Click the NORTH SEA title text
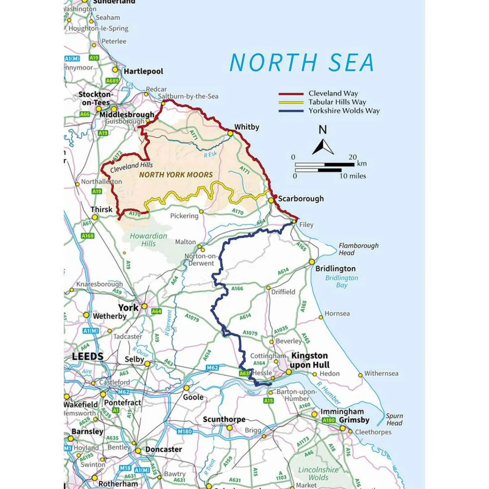(301, 62)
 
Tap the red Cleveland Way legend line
(291, 94)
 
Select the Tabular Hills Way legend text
(337, 102)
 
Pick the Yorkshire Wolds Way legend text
(344, 111)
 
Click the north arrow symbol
(323, 147)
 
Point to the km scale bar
(324, 165)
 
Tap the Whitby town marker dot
(230, 133)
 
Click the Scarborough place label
(301, 199)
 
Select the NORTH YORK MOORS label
(176, 175)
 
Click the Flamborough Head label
(358, 249)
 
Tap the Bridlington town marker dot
(312, 262)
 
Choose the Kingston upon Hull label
(309, 360)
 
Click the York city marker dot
(144, 306)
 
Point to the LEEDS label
(87, 356)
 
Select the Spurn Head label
(394, 419)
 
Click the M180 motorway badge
(185, 431)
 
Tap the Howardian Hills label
(148, 240)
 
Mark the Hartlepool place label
(143, 71)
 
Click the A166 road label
(237, 288)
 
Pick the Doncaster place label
(164, 449)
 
